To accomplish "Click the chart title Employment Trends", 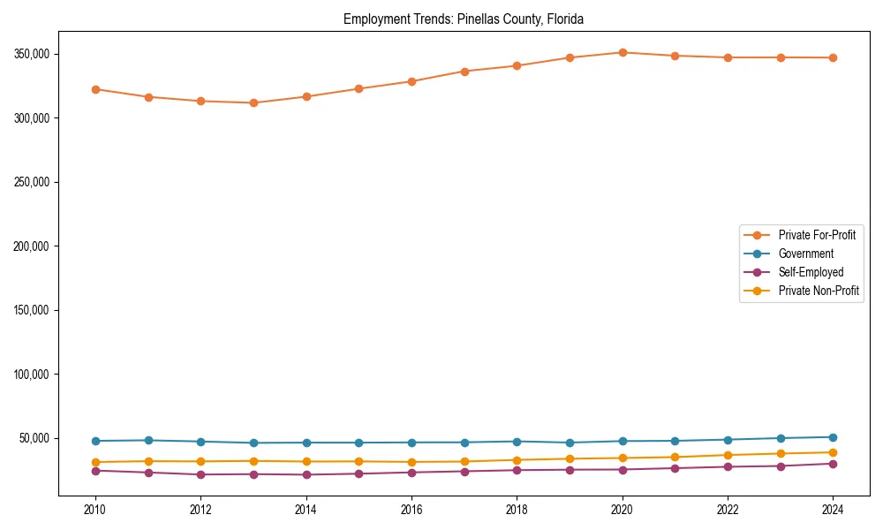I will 464,19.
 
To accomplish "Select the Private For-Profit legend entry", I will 817,235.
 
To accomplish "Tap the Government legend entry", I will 805,254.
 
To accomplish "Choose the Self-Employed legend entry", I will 811,272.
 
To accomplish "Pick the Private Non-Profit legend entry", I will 819,291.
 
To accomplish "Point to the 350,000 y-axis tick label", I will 33,54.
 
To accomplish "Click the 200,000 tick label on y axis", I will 33,246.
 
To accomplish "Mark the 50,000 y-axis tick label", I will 35,438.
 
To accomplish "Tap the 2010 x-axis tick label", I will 95,510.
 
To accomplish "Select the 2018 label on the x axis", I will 517,510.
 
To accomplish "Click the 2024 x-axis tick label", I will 833,510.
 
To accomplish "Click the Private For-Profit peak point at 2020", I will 623,52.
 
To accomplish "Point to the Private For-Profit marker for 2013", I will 253,102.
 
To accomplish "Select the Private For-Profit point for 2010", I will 95,89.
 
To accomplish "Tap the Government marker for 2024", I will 833,437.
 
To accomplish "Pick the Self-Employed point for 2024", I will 833,464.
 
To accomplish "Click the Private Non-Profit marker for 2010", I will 95,462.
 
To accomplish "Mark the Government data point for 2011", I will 148,440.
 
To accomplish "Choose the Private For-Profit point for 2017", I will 464,71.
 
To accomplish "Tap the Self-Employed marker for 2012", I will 200,474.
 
